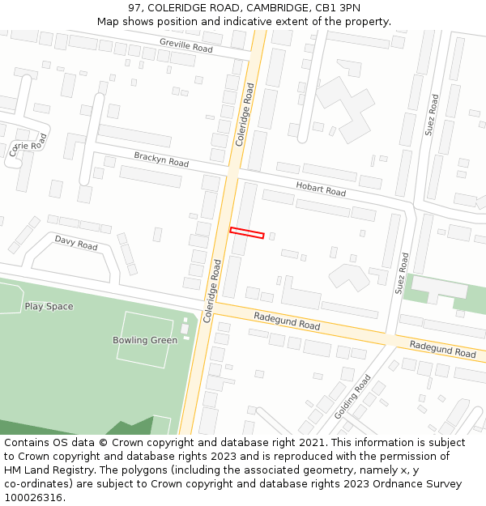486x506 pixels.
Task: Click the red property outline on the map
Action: point(247,233)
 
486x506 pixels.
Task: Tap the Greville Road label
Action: point(185,45)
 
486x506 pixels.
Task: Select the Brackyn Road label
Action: point(161,159)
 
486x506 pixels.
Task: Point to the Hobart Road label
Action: point(321,189)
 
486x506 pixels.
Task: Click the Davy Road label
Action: point(76,243)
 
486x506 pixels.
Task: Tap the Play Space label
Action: point(49,306)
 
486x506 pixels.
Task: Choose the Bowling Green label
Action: point(145,340)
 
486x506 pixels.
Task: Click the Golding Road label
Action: point(353,396)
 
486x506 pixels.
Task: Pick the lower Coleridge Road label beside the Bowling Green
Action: point(212,291)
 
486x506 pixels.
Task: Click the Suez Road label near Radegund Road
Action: point(402,273)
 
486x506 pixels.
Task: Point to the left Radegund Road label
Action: point(287,321)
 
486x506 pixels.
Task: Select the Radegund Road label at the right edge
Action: point(442,349)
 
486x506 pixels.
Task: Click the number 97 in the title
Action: point(135,8)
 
